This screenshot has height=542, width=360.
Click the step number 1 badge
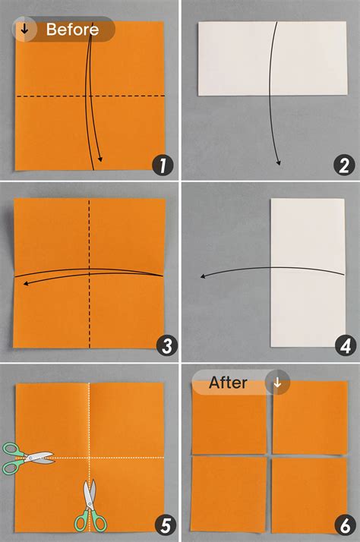[x=163, y=165]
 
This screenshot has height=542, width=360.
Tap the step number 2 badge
[x=344, y=165]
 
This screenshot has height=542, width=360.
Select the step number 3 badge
[x=166, y=345]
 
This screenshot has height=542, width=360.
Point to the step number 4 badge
[x=346, y=345]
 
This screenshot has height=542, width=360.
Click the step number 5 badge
[x=166, y=525]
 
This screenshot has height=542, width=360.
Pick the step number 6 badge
[x=345, y=525]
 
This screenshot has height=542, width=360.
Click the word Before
[x=72, y=30]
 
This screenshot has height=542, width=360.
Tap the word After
[x=228, y=383]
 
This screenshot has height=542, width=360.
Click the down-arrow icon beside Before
[x=24, y=29]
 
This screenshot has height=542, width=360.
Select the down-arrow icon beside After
[x=277, y=383]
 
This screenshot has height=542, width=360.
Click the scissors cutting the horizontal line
[x=27, y=458]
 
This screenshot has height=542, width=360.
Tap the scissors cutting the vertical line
[x=90, y=506]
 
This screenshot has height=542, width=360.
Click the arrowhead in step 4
[x=204, y=276]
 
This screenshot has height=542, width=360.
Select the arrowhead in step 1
[x=100, y=159]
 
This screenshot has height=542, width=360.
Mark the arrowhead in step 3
[x=26, y=284]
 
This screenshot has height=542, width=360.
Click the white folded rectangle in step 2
[x=273, y=58]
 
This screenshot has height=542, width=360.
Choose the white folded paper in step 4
[x=308, y=273]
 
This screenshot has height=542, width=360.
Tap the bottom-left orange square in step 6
[x=229, y=494]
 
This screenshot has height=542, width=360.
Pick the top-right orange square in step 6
[x=310, y=418]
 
